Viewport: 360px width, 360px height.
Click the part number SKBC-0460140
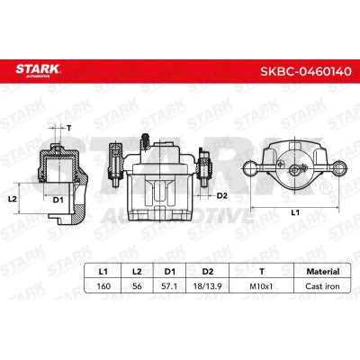coord(305,72)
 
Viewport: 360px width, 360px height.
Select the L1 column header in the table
coord(103,272)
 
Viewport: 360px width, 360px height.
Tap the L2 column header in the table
coord(137,272)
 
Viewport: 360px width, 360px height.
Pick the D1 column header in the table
coord(170,272)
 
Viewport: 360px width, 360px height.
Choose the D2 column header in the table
coord(208,272)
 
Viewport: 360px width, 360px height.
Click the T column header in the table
coord(262,272)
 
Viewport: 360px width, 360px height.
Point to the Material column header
coord(323,272)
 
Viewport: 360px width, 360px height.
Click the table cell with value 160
coord(103,286)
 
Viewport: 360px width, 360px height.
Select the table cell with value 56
coord(137,286)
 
